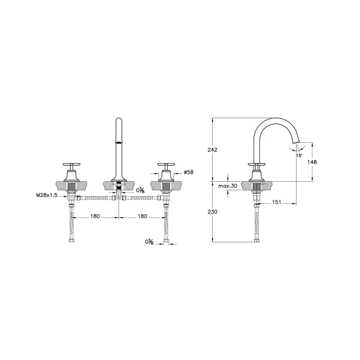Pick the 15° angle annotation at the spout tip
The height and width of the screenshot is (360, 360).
[299, 156]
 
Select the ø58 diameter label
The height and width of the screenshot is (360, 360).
[189, 172]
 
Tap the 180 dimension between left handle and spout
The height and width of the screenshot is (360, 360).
[95, 217]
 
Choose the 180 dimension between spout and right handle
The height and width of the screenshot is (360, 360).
[142, 217]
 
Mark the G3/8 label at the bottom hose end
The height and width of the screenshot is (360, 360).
[149, 241]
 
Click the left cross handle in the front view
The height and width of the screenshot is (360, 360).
[70, 164]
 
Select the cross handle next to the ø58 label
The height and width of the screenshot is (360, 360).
[166, 164]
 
